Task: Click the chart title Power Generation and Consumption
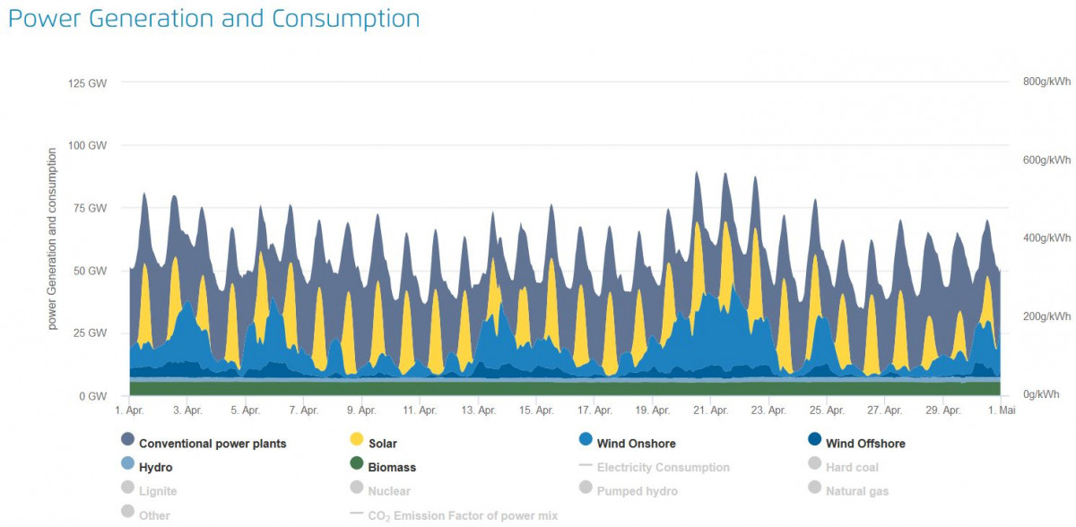pyautogui.click(x=213, y=19)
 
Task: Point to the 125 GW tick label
pyautogui.click(x=88, y=83)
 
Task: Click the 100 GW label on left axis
pyautogui.click(x=88, y=145)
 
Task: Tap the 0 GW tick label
pyautogui.click(x=93, y=395)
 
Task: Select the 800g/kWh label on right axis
pyautogui.click(x=1046, y=82)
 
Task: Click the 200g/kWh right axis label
pyautogui.click(x=1046, y=316)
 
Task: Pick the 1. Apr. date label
pyautogui.click(x=129, y=410)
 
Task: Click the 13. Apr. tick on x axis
pyautogui.click(x=479, y=410)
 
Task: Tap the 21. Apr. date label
pyautogui.click(x=711, y=410)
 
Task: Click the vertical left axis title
pyautogui.click(x=52, y=240)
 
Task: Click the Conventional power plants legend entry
pyautogui.click(x=213, y=444)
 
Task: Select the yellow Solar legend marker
pyautogui.click(x=356, y=440)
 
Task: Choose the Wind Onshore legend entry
pyautogui.click(x=636, y=444)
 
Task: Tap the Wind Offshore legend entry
pyautogui.click(x=865, y=444)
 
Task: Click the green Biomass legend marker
pyautogui.click(x=356, y=463)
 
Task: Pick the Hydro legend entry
pyautogui.click(x=155, y=468)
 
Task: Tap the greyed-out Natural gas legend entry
pyautogui.click(x=856, y=491)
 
